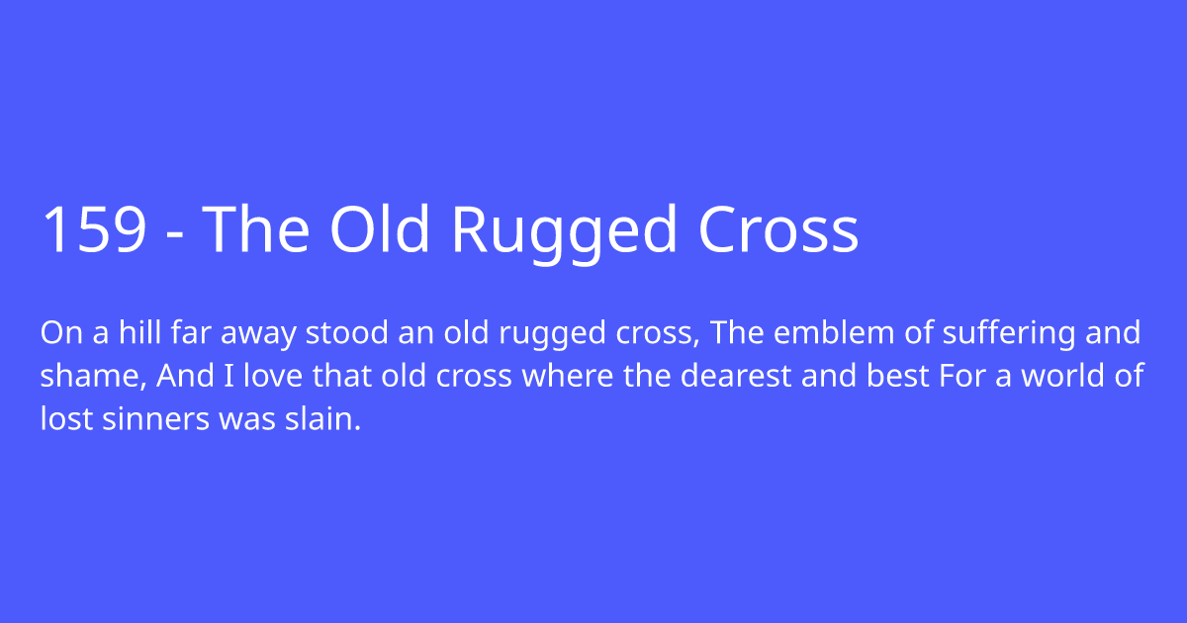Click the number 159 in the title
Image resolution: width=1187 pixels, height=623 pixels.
point(95,231)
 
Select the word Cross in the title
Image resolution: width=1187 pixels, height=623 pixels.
point(778,231)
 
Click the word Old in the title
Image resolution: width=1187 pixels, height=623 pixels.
point(380,231)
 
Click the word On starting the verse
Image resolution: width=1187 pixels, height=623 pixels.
point(58,333)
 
